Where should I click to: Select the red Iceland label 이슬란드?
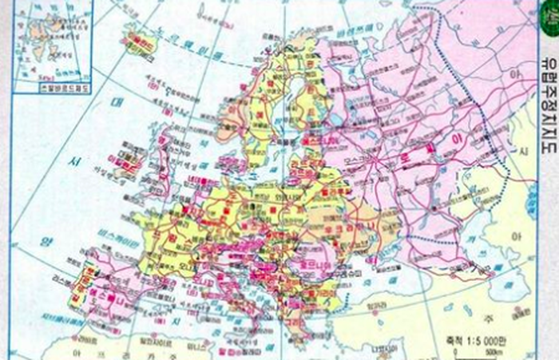(143, 39)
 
